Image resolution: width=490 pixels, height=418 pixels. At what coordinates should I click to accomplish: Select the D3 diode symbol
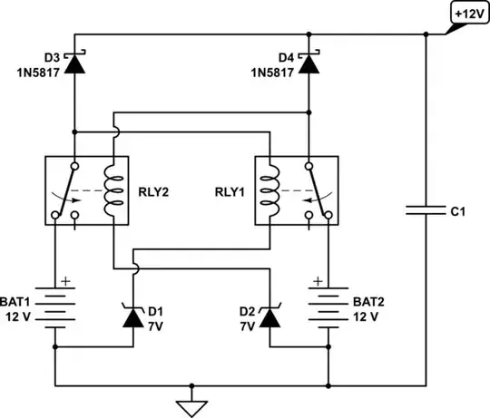click(x=73, y=63)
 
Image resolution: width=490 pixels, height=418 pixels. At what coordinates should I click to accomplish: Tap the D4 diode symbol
click(x=309, y=63)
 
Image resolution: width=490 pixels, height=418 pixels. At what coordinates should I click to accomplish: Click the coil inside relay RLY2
click(x=113, y=190)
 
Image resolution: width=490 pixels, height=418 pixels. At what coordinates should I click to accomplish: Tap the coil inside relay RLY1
click(x=269, y=190)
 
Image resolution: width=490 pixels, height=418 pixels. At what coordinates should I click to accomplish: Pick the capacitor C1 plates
click(x=426, y=211)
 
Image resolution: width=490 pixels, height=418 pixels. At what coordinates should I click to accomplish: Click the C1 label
click(x=458, y=211)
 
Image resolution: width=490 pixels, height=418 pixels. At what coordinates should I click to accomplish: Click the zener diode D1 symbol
click(x=135, y=317)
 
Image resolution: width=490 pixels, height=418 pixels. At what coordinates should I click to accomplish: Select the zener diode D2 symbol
click(x=269, y=317)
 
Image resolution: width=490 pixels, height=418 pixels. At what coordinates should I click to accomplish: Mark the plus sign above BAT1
click(x=67, y=282)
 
